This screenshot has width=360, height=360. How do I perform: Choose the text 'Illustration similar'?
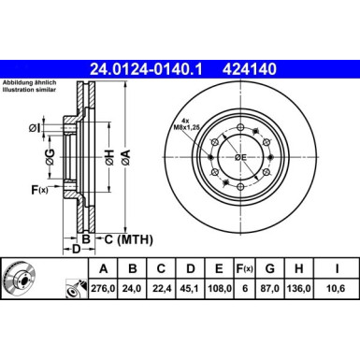pyautogui.click(x=31, y=93)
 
